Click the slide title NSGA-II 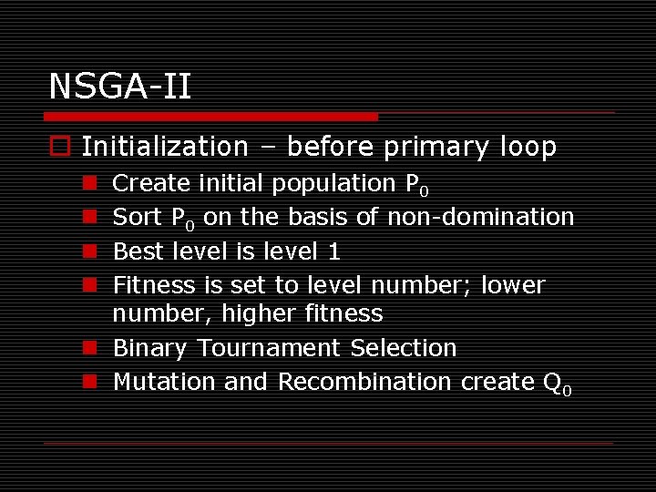coord(119,87)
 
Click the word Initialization coord(165,147)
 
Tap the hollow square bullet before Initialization coord(59,148)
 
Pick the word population coord(340,183)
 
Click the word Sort coord(137,217)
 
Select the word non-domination coord(480,217)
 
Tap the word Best coord(137,251)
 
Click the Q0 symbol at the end coord(556,384)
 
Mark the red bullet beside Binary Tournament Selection coord(90,348)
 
